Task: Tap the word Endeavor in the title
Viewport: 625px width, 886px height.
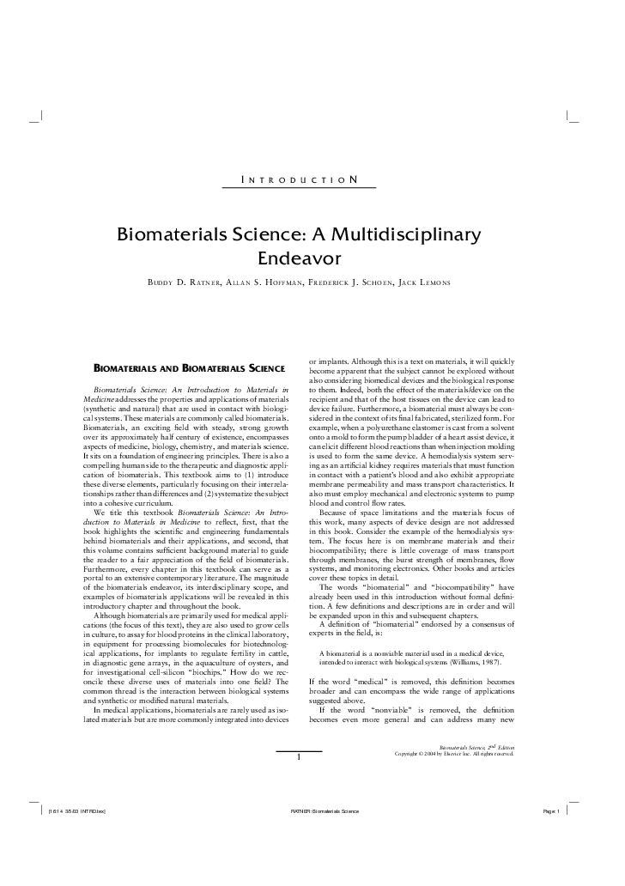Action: click(300, 258)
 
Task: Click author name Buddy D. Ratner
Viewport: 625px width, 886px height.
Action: click(185, 282)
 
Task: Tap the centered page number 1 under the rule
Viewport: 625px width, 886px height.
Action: click(298, 757)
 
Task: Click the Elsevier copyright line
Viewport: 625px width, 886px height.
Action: click(454, 754)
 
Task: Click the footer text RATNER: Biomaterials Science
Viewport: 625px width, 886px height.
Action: click(325, 811)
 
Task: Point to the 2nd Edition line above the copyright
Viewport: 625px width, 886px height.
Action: click(476, 748)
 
